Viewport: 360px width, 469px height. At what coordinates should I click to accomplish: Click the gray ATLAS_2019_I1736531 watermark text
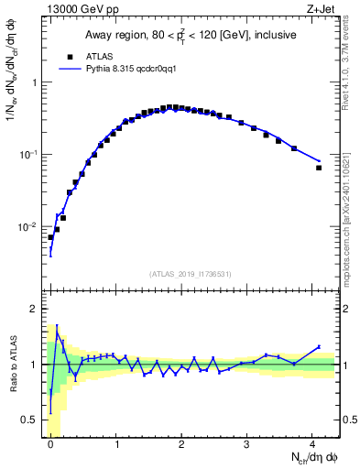pos(191,274)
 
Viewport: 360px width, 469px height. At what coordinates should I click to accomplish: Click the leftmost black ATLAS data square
pos(50,237)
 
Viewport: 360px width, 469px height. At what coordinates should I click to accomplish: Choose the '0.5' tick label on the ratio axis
pos(29,420)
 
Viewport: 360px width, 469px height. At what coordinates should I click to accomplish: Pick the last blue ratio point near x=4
pos(319,346)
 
